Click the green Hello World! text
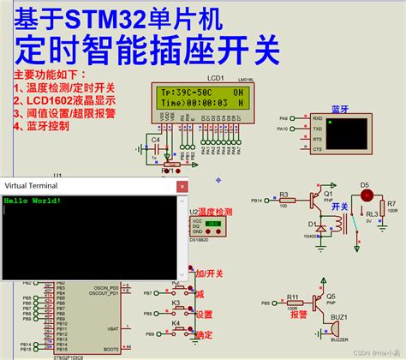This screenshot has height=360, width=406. [x=33, y=201]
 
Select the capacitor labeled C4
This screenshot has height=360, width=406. [x=155, y=147]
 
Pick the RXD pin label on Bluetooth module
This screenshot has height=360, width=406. [x=317, y=119]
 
